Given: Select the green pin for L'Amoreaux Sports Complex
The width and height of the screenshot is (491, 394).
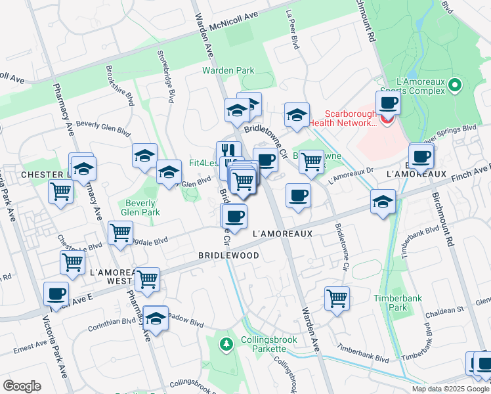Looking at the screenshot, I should [456, 85].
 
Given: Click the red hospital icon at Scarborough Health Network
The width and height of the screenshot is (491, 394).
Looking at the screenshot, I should [387, 121].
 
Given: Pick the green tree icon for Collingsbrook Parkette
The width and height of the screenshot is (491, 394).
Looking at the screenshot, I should [226, 343].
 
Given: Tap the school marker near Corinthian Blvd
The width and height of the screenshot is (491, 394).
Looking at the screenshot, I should [156, 319].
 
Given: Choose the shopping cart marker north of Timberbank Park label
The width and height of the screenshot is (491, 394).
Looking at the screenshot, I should [337, 298].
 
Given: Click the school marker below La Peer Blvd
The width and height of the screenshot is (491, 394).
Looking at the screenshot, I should [297, 115].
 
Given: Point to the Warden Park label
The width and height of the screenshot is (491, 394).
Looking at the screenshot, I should [228, 70].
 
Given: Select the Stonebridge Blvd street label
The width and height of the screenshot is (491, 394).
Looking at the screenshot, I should [166, 68].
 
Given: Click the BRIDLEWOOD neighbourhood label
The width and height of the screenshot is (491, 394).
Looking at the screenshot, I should [228, 255].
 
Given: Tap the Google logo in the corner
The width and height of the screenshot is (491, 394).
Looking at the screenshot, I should [22, 385].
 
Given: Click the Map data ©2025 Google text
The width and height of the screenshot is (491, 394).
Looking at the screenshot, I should [450, 389].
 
